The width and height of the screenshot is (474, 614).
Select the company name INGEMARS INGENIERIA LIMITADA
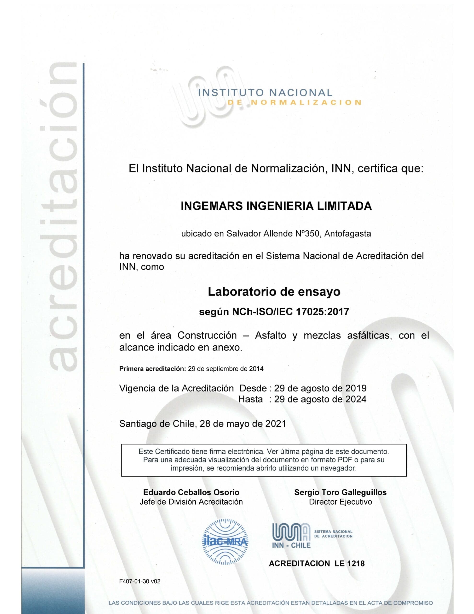(276, 206)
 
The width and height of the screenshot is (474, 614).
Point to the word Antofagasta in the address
(347, 234)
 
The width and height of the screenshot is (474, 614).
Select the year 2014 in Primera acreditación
(256, 369)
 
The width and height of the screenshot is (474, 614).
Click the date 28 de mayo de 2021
(243, 424)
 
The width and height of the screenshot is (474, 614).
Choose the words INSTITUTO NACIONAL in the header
(265, 93)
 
